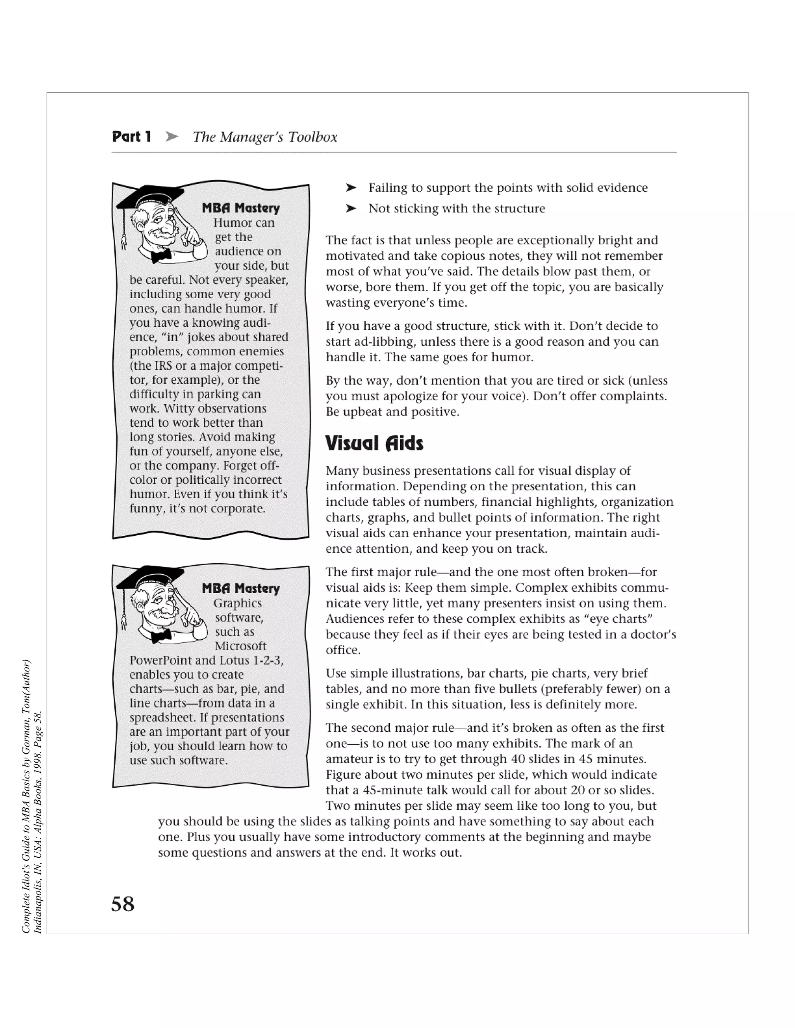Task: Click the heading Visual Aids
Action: click(x=375, y=443)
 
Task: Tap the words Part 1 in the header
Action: click(x=132, y=137)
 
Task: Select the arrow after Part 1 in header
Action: click(x=172, y=137)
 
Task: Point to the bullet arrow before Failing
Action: click(x=351, y=188)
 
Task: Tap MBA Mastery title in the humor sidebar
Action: click(x=241, y=208)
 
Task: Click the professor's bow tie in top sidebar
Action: click(x=161, y=256)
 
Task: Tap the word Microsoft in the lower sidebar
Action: click(x=241, y=646)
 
